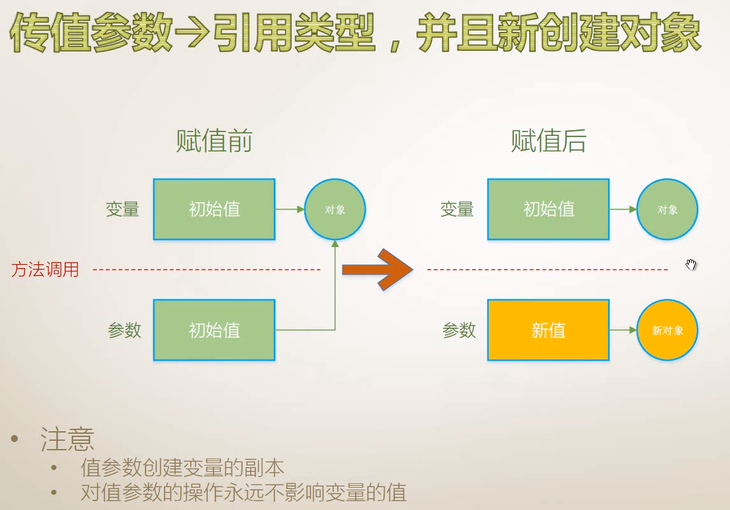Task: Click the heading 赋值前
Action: pos(214,141)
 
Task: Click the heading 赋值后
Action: pos(548,141)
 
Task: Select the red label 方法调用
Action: pos(45,270)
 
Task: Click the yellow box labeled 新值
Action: pos(548,330)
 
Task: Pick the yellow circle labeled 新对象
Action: pos(667,330)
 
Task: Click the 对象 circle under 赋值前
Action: pos(335,210)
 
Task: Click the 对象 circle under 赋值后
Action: pos(667,210)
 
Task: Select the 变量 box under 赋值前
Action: pos(214,209)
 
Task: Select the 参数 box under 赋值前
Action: pos(214,330)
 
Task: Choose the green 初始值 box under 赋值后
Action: pos(548,209)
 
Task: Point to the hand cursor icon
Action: pos(691,265)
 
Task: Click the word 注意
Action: pos(68,440)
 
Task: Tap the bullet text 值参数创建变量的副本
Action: pos(182,468)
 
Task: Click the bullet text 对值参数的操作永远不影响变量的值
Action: pos(243,493)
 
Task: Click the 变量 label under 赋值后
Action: pos(457,209)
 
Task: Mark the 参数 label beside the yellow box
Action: pos(459,330)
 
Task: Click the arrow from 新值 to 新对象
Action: pos(623,330)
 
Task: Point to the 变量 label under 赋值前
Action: pos(123,209)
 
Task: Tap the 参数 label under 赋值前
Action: pos(125,330)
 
